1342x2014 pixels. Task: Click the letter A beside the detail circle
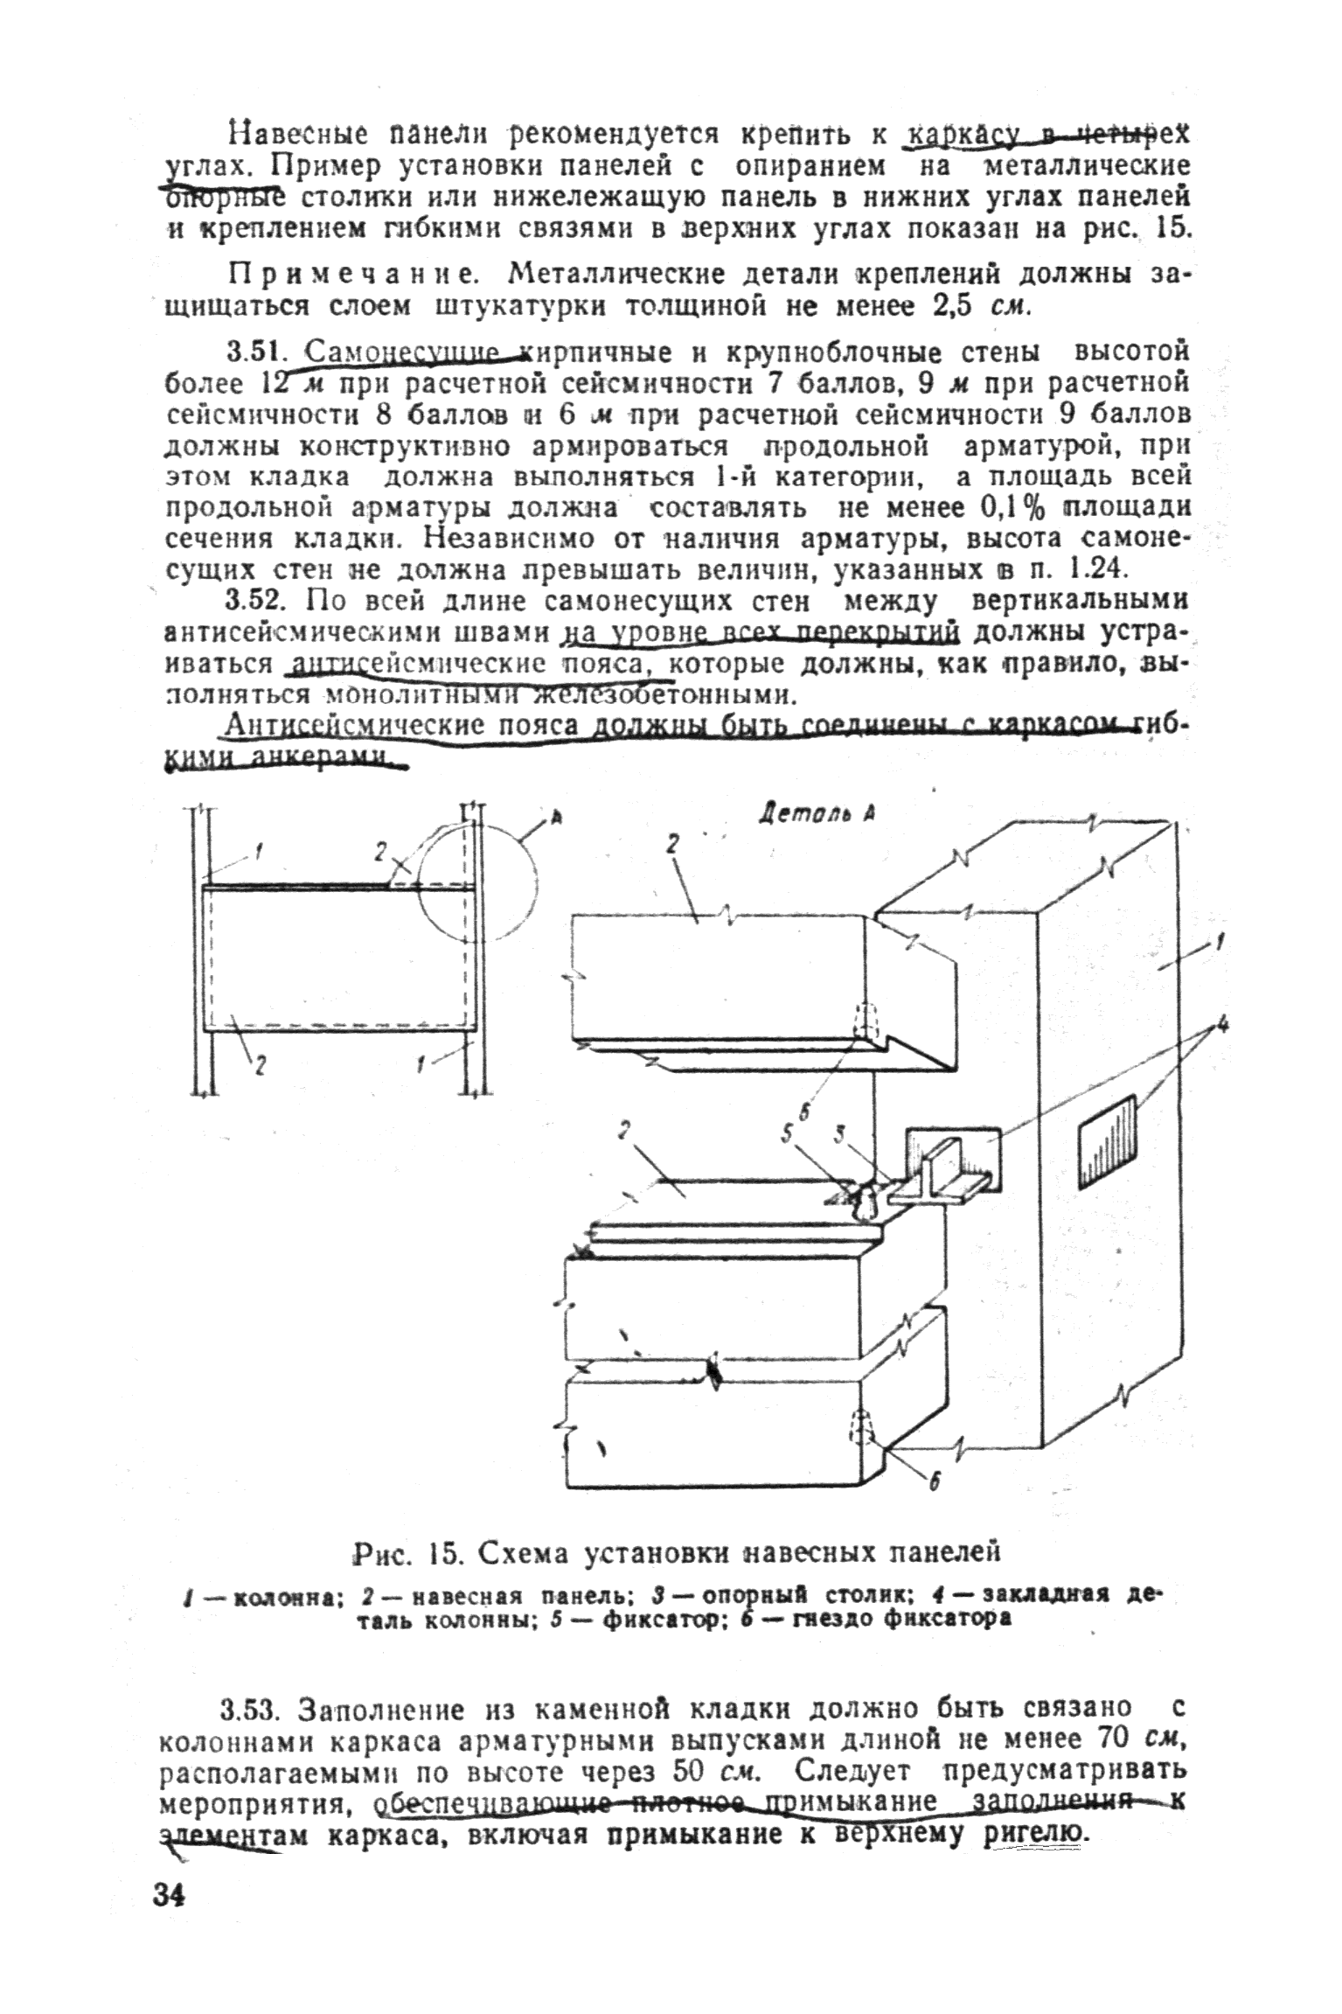(555, 819)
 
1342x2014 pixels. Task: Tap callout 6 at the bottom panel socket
(934, 1481)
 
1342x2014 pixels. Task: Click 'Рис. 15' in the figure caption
(400, 1553)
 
